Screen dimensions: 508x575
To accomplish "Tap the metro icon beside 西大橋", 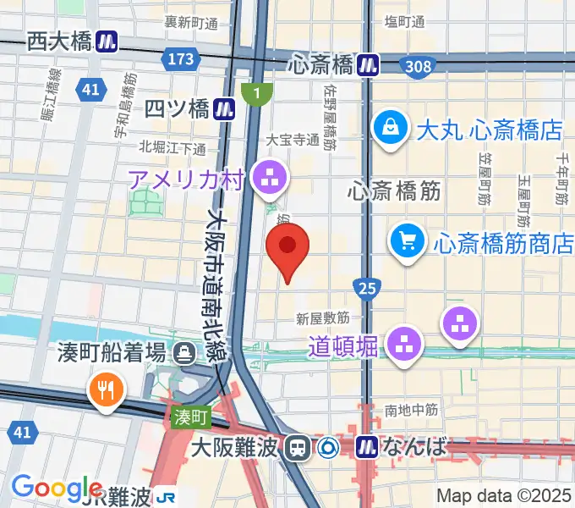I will coord(107,41).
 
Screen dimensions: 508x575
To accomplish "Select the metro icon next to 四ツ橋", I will coord(224,108).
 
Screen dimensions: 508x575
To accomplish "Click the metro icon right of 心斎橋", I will coord(368,64).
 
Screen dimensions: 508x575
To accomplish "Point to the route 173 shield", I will coord(182,59).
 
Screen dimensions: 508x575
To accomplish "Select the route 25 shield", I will coord(367,290).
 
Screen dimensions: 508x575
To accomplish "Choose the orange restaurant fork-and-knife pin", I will coord(106,390).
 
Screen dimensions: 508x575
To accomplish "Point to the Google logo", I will coord(57,488).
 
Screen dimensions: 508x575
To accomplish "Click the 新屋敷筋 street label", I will coord(323,318).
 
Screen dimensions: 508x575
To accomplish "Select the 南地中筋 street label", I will coord(411,411).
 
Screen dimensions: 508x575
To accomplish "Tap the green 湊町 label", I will coord(190,417).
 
